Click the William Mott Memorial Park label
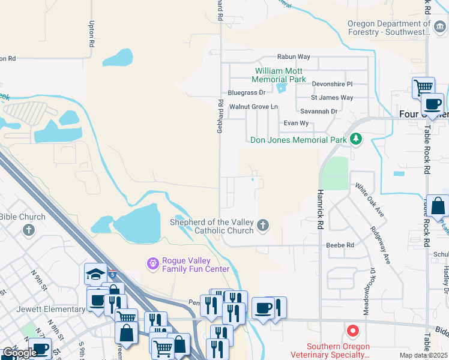[279, 75]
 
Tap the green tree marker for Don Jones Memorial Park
[356, 139]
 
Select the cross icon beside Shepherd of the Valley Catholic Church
[262, 226]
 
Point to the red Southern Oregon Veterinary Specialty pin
[353, 331]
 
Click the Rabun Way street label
[294, 57]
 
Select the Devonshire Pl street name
[332, 83]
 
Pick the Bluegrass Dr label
[246, 93]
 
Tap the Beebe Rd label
[340, 245]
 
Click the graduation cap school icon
[95, 274]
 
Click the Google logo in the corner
[19, 353]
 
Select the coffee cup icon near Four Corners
[432, 103]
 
